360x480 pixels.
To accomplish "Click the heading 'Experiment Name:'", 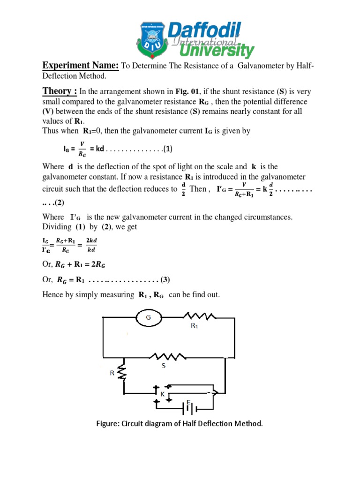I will click(81, 65).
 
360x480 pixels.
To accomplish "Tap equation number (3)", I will click(165, 280).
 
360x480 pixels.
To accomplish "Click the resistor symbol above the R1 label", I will click(200, 317).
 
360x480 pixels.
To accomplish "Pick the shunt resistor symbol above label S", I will click(164, 357).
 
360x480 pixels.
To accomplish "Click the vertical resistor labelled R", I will click(123, 372).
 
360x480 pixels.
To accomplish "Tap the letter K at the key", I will click(162, 395).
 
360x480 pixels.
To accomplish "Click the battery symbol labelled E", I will click(188, 408).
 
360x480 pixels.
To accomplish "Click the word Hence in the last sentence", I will click(53, 295).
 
